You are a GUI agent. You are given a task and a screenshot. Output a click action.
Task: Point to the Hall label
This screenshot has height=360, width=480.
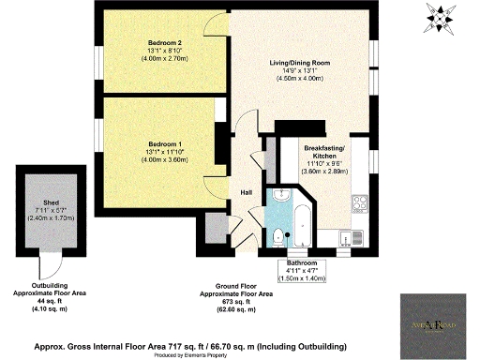[x=247, y=192]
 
